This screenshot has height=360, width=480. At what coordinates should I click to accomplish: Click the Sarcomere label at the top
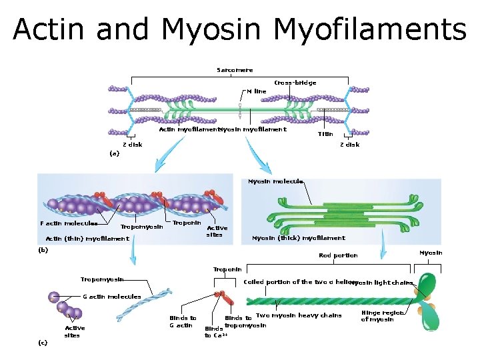(x=235, y=70)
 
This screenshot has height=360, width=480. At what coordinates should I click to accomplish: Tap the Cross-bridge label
(x=295, y=83)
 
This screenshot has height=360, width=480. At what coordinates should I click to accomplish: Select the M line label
(x=256, y=91)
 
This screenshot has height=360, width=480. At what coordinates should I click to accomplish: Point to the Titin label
(x=325, y=134)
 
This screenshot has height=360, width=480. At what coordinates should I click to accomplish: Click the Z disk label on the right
(x=349, y=145)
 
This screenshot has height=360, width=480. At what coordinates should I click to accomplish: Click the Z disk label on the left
(x=131, y=145)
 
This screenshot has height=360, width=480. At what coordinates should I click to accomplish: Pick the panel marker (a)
(x=114, y=153)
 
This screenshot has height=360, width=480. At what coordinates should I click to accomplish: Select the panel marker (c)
(x=42, y=342)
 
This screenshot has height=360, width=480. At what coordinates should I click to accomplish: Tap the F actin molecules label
(x=69, y=224)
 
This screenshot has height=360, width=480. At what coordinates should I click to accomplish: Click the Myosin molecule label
(x=275, y=181)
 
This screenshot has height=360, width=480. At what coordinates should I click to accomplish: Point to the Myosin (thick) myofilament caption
(x=298, y=238)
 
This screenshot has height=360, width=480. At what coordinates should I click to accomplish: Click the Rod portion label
(x=338, y=255)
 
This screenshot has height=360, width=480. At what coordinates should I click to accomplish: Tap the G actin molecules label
(x=111, y=297)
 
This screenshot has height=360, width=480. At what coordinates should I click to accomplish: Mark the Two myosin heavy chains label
(x=299, y=315)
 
